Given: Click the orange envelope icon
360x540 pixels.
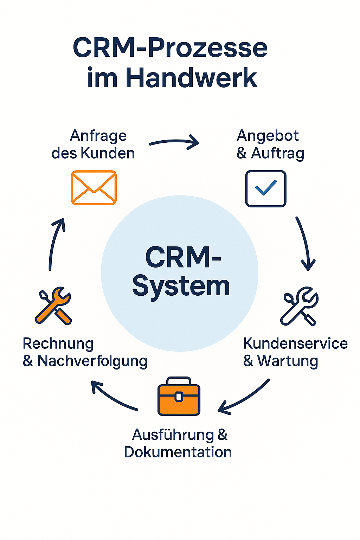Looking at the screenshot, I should point(94,187).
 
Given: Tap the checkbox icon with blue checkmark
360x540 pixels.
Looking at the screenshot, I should point(266,188).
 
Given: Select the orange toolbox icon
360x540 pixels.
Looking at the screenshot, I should point(179,397).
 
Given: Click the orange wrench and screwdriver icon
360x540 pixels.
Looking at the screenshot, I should point(53,305).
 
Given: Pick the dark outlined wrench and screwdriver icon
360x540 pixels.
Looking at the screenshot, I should point(299,306).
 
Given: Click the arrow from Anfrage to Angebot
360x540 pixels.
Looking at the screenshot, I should point(174,142).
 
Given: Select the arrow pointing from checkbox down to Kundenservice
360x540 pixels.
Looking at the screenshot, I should point(305,243).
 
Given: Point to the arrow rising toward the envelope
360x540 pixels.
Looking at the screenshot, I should point(56,243).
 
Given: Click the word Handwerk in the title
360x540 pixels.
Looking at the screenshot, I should point(192,78).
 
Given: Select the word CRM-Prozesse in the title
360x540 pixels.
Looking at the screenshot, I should point(170,48).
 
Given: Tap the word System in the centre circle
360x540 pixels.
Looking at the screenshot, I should point(181,286).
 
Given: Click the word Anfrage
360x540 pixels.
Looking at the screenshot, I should point(98,136).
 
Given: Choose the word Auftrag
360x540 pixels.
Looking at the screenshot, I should point(277,153).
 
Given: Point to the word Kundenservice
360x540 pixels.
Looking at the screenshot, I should point(295,343).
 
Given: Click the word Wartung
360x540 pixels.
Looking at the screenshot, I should point(288,361).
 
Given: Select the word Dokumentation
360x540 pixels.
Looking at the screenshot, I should point(178,452).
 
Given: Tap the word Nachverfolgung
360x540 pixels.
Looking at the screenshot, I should point(92,361).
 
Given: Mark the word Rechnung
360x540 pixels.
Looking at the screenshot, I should point(58,344).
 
